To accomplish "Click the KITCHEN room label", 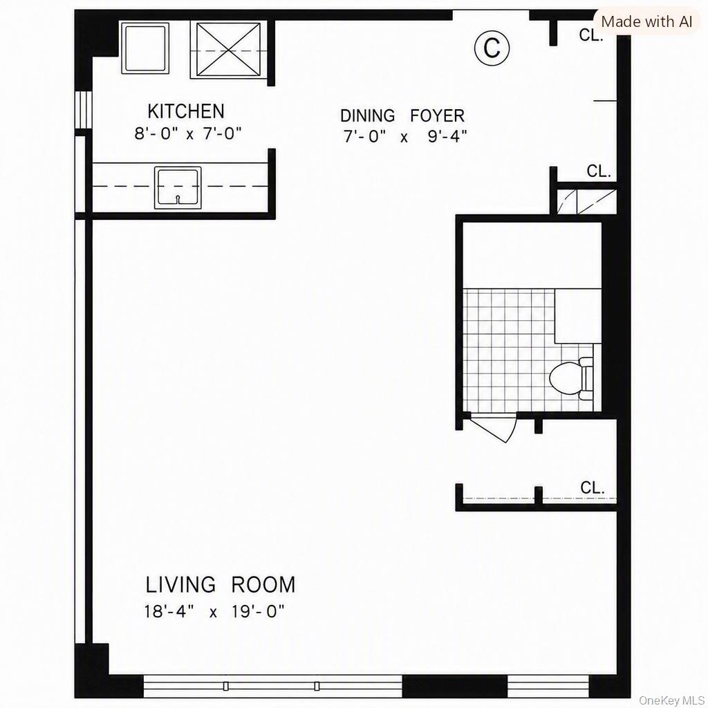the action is coord(185,111).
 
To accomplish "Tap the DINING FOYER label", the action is coord(402,116).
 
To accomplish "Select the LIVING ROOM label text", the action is coord(221,585).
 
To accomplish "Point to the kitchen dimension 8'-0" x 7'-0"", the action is coord(188,133).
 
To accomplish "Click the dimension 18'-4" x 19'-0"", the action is coord(214,611).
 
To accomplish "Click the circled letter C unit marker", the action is coord(492,48).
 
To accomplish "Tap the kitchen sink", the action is coord(178,188).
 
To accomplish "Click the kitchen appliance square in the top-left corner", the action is coord(145,48).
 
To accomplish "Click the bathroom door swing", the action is coord(494,427).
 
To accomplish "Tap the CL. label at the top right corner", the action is coord(591,35).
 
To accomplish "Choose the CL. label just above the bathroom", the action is coord(599,171).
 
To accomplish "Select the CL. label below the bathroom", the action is coord(593,487).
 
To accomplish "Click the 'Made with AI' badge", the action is coord(646,21).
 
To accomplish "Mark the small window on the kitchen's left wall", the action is coord(83,110).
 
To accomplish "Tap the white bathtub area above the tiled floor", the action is coord(532,255).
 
